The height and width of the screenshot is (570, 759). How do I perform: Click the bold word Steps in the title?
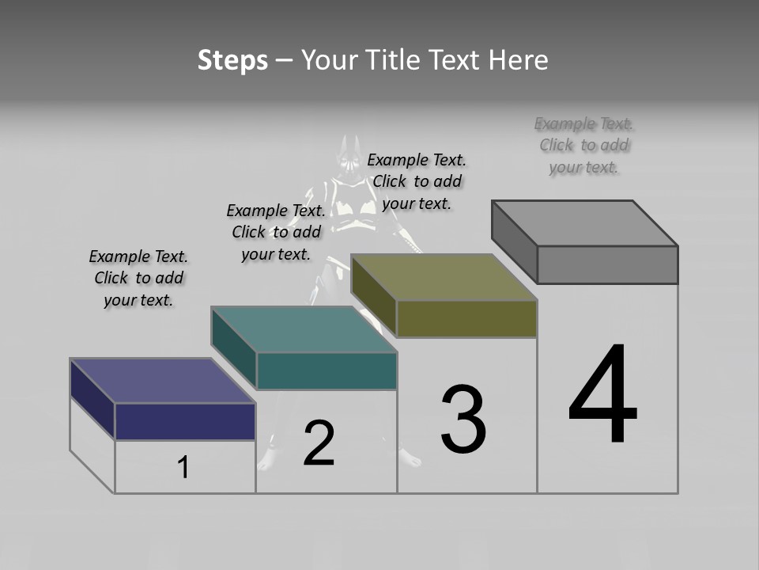click(x=232, y=60)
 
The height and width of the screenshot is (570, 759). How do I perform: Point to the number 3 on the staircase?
click(x=463, y=420)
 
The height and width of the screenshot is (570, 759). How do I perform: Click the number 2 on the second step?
click(x=319, y=443)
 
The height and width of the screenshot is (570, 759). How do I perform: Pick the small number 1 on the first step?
click(x=183, y=467)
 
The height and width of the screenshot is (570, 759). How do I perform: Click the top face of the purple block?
click(x=162, y=381)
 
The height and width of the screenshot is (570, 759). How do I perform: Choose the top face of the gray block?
click(x=585, y=223)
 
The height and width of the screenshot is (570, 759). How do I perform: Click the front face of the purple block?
click(x=185, y=421)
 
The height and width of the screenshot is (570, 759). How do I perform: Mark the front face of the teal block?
click(x=327, y=370)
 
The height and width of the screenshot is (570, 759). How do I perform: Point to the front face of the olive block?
click(x=466, y=318)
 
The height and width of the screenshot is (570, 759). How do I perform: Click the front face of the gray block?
click(x=607, y=264)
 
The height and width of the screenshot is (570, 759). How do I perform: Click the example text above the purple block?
click(x=138, y=278)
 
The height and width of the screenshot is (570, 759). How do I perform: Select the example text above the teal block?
click(x=276, y=232)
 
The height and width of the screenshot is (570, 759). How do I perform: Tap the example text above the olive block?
click(x=417, y=181)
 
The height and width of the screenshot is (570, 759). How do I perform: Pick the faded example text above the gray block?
click(x=584, y=145)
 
